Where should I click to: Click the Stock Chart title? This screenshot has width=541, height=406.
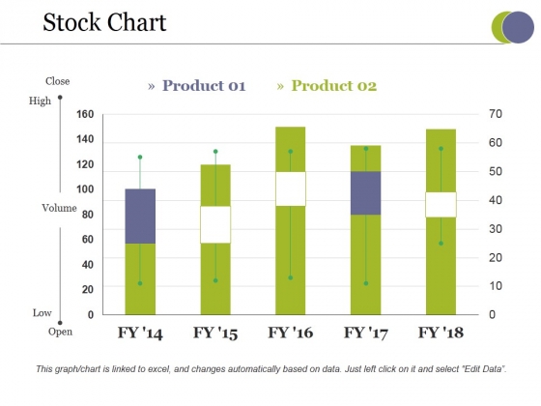[x=104, y=22]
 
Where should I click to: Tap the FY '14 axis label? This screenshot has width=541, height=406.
[x=140, y=333]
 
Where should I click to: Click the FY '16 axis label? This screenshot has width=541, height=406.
[x=290, y=333]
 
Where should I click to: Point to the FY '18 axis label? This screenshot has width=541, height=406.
[x=441, y=333]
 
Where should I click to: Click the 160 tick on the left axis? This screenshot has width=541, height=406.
[x=86, y=114]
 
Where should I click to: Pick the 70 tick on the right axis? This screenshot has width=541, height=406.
[x=498, y=114]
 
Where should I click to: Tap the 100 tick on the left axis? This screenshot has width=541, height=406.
[x=86, y=188]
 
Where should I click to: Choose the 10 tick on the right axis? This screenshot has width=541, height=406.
[x=498, y=286]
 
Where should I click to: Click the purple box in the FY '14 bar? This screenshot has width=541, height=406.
[x=140, y=216]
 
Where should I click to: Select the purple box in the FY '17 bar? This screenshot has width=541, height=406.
[x=365, y=192]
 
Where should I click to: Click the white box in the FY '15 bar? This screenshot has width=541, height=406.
[x=215, y=224]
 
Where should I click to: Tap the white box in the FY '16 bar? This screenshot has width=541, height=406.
[x=290, y=188]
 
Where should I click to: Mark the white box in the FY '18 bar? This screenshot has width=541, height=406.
[x=441, y=204]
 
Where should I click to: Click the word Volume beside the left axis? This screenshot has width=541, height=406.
[x=58, y=208]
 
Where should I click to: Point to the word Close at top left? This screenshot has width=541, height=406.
[x=57, y=81]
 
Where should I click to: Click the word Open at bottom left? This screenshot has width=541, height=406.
[x=60, y=332]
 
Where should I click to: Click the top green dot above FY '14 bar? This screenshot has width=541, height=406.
[x=140, y=157]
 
